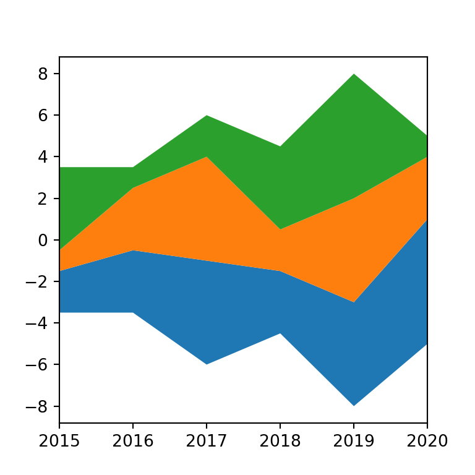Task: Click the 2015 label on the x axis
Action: pyautogui.click(x=59, y=441)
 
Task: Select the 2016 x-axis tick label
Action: pyautogui.click(x=133, y=441)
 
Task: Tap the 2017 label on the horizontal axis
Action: pyautogui.click(x=207, y=441)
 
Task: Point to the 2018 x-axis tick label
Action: pyautogui.click(x=280, y=441)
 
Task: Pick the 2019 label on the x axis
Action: pyautogui.click(x=354, y=441)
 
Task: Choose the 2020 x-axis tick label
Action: pyautogui.click(x=427, y=441)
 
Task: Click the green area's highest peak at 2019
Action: pyautogui.click(x=354, y=74)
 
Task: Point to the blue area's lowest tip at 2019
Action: pyautogui.click(x=354, y=406)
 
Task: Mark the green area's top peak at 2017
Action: pyautogui.click(x=207, y=116)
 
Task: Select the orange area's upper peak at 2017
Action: pyautogui.click(x=207, y=157)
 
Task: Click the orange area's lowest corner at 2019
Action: pyautogui.click(x=354, y=302)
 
